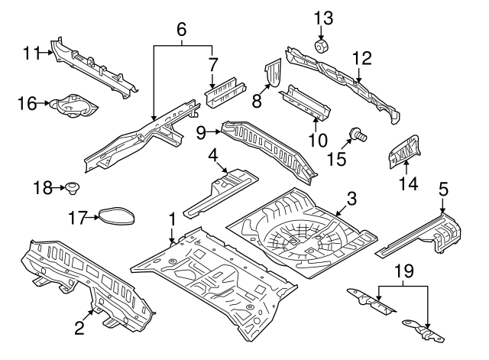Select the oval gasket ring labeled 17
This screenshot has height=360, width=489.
click(x=118, y=217)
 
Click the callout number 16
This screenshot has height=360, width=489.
click(x=27, y=103)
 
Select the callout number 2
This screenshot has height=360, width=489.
click(x=79, y=329)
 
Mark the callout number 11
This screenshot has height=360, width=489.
click(x=31, y=53)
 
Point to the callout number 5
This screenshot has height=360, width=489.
click(x=444, y=188)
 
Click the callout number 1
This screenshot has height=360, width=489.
click(x=173, y=219)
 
